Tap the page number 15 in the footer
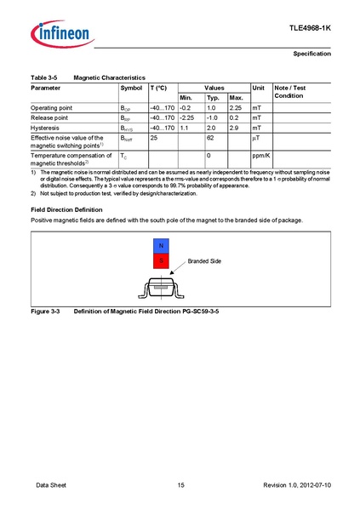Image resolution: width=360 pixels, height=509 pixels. (x=180, y=484)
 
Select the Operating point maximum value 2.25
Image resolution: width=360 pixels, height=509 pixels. (x=237, y=109)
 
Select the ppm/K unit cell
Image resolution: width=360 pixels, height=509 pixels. (x=260, y=156)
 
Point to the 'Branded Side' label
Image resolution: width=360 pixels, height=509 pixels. (x=204, y=260)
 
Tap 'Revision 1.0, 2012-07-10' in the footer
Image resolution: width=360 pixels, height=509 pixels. (x=297, y=484)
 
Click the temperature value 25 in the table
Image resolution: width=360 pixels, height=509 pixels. (x=155, y=136)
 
